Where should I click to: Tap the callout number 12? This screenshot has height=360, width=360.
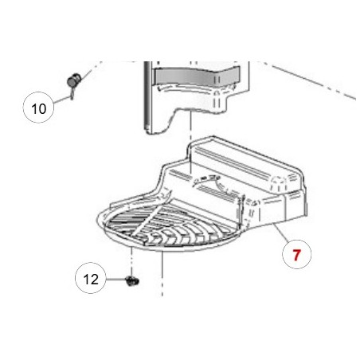point(91,280)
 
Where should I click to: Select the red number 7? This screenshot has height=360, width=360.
point(296,256)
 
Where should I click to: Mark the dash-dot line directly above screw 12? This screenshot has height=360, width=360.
point(131,259)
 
